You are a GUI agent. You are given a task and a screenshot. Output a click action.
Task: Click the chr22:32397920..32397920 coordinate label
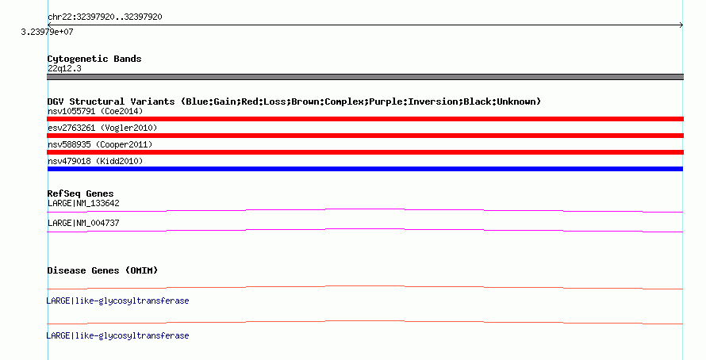tap(105, 17)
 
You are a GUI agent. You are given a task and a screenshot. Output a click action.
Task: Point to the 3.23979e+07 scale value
tap(47, 32)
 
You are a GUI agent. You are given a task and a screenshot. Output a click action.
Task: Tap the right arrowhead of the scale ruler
tap(681, 25)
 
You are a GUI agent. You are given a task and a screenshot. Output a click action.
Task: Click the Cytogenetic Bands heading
tap(94, 59)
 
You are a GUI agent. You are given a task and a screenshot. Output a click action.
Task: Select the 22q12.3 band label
tap(64, 68)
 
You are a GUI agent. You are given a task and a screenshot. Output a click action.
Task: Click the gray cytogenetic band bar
tap(365, 77)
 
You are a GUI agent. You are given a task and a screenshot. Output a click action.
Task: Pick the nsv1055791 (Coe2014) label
tap(95, 111)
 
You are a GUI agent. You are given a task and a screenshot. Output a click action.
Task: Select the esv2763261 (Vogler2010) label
tap(102, 128)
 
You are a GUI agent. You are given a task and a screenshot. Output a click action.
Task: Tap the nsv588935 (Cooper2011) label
tap(100, 144)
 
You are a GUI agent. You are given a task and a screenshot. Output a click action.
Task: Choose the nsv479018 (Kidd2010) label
tap(95, 161)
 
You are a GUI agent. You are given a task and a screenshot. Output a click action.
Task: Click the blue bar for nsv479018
tap(365, 169)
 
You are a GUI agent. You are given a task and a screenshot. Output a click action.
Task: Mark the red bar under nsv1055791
tap(365, 119)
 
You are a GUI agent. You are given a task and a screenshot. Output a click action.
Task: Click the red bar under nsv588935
tap(365, 152)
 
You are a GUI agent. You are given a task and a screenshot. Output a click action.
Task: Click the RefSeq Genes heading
tap(81, 193)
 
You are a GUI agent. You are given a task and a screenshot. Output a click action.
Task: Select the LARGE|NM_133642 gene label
tap(83, 204)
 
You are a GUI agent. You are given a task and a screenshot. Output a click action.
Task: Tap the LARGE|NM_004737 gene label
tap(83, 223)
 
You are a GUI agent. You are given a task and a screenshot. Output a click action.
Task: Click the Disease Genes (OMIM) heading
tap(102, 270)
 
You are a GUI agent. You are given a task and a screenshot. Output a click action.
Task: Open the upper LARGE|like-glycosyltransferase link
tap(117, 301)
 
